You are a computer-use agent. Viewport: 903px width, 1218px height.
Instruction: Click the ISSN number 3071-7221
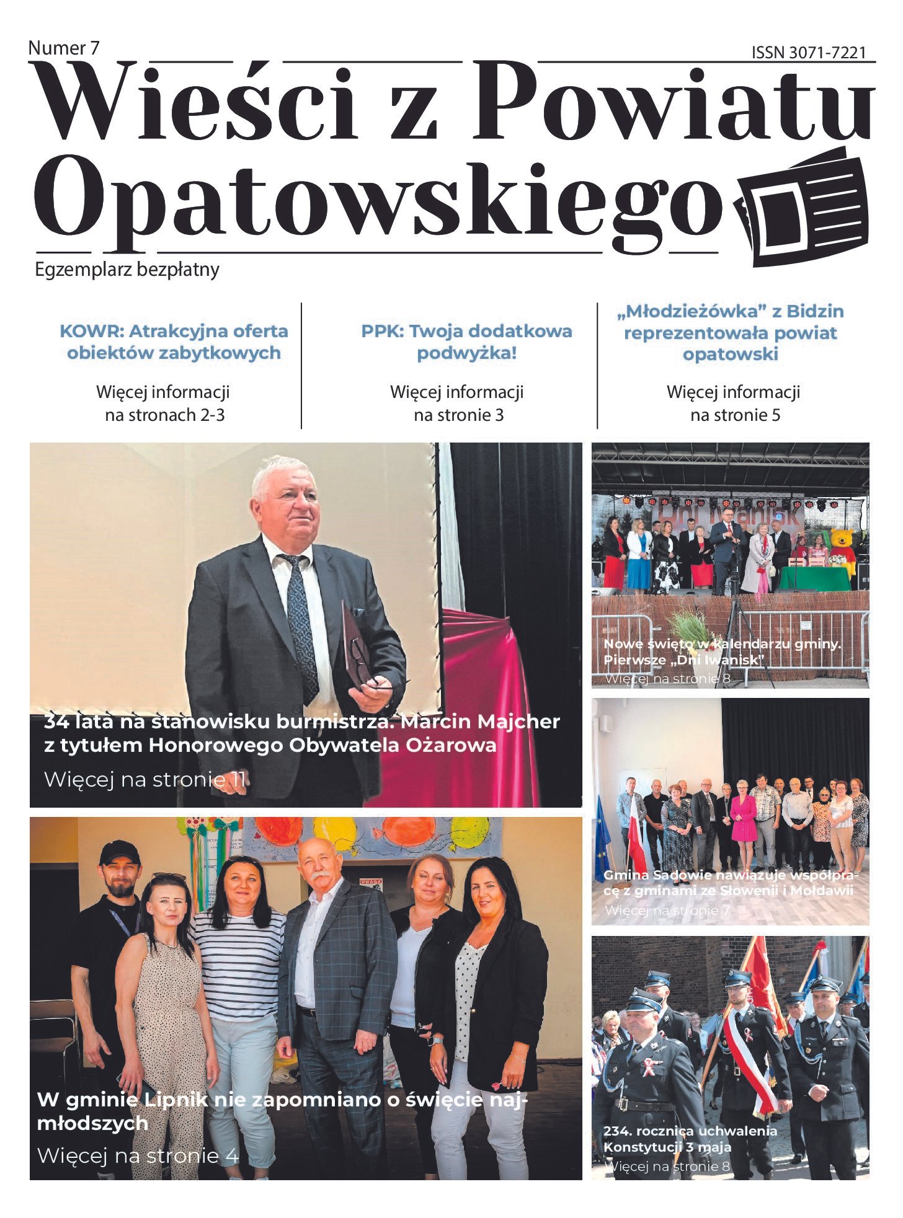(808, 53)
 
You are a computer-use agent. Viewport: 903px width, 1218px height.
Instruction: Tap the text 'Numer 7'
(63, 48)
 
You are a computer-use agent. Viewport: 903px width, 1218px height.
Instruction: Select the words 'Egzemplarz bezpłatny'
(127, 270)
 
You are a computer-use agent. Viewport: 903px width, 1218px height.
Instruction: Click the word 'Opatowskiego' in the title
(378, 198)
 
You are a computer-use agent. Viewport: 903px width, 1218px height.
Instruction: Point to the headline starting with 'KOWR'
(174, 342)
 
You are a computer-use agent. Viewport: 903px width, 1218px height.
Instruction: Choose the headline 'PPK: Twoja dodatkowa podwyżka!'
(466, 342)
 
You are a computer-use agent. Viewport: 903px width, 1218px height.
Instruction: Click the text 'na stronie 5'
(735, 415)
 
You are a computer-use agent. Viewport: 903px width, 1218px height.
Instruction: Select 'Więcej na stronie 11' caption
(145, 779)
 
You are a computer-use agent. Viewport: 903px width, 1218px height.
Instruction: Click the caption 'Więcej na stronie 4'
(138, 1155)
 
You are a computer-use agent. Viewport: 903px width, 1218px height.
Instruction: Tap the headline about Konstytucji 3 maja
(690, 1139)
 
